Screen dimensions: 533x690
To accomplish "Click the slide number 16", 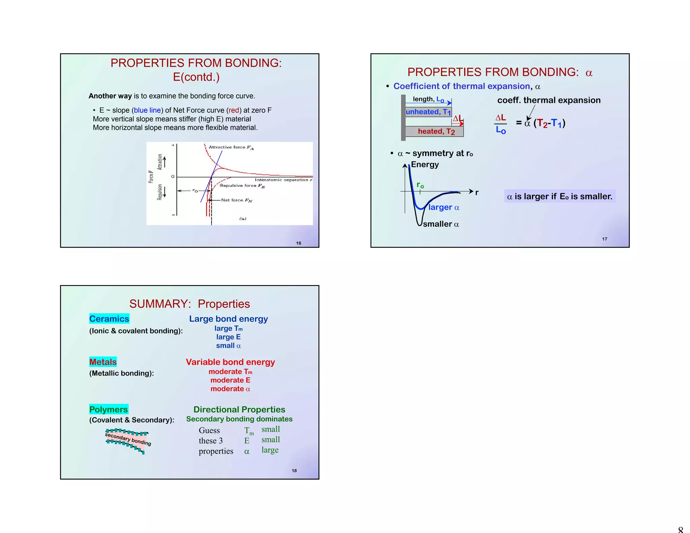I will (x=299, y=243).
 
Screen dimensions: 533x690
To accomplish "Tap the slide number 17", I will (x=605, y=239).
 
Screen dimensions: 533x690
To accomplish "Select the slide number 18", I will (x=294, y=471).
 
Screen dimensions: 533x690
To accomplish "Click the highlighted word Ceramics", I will (x=109, y=319).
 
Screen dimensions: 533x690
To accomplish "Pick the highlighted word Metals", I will (x=103, y=362).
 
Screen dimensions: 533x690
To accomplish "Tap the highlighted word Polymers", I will (x=108, y=409).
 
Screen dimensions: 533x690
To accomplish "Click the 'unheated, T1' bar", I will (x=428, y=112).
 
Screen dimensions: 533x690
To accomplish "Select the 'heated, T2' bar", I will (x=435, y=131).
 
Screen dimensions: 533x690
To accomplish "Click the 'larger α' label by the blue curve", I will (x=444, y=208).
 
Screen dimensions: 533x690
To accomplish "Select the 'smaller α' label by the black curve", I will (x=441, y=224).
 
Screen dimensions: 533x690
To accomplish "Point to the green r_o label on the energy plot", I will (x=420, y=185).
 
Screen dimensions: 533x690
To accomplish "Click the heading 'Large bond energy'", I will (x=228, y=319).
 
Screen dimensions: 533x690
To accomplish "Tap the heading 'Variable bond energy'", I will (x=230, y=362).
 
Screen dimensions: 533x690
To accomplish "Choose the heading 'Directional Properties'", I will (x=239, y=409).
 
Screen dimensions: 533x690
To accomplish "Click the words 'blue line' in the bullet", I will (x=147, y=110).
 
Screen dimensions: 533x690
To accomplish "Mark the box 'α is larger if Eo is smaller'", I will (x=560, y=196).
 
